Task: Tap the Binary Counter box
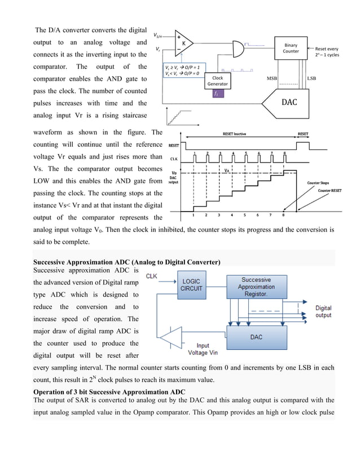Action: click(x=291, y=49)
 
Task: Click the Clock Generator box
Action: click(x=218, y=81)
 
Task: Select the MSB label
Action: click(x=271, y=78)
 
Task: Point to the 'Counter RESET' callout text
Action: click(x=329, y=191)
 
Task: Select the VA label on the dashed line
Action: click(x=227, y=170)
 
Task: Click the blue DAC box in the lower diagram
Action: click(x=256, y=337)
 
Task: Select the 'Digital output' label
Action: click(x=323, y=311)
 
